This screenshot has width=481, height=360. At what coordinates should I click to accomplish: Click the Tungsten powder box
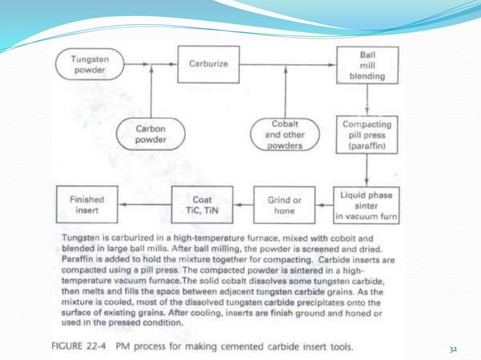click(88, 64)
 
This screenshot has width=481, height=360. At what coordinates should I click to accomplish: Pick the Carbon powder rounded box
click(152, 133)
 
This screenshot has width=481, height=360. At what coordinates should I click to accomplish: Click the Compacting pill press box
click(367, 133)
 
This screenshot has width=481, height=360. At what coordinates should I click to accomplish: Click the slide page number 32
click(453, 349)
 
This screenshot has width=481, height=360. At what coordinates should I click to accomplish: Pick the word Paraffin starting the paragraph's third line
click(75, 261)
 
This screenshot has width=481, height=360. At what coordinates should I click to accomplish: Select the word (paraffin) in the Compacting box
click(367, 146)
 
